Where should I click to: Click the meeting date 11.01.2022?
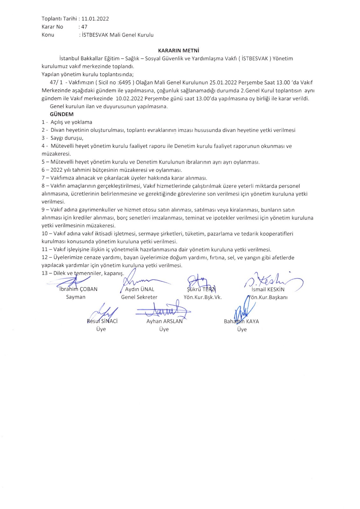pyautogui.click(x=95, y=19)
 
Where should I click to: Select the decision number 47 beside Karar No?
pyautogui.click(x=84, y=27)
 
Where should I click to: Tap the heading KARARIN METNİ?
pyautogui.click(x=179, y=50)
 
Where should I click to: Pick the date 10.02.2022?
pyautogui.click(x=128, y=98)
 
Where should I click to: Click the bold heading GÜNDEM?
pyautogui.click(x=62, y=114)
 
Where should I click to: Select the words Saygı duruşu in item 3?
pyautogui.click(x=67, y=138)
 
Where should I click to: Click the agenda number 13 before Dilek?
pyautogui.click(x=45, y=273)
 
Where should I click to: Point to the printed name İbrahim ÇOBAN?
pyautogui.click(x=78, y=289)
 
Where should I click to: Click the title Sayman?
pyautogui.click(x=76, y=297)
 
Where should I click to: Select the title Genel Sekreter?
pyautogui.click(x=139, y=297)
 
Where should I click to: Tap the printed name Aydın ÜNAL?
pyautogui.click(x=139, y=289)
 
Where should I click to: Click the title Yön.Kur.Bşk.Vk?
pyautogui.click(x=203, y=297)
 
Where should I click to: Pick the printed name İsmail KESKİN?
pyautogui.click(x=268, y=289)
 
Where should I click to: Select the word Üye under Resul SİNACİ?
pyautogui.click(x=101, y=329)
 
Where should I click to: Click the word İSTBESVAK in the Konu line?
pyautogui.click(x=95, y=35)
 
